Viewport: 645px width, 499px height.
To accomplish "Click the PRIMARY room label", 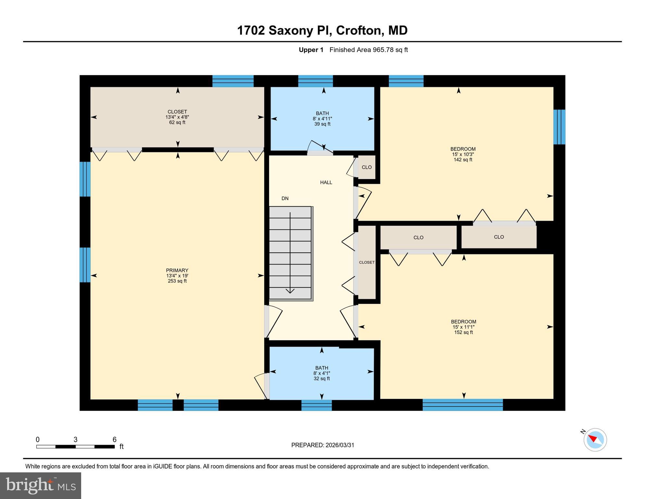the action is click(177, 270).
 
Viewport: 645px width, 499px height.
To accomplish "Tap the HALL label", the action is click(326, 183).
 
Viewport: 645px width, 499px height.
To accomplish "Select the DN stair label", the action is click(285, 198).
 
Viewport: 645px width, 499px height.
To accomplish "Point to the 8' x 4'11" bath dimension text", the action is click(322, 119).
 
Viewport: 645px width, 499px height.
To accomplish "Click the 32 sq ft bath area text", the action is click(322, 379).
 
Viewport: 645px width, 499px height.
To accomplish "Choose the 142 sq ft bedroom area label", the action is click(463, 160).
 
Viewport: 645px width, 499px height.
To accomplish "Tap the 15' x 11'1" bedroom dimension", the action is click(464, 327).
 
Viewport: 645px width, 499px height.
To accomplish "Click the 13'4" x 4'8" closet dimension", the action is click(177, 117).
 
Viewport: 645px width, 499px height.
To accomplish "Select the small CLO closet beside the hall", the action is click(367, 167).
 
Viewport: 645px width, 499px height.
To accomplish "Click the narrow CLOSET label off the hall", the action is click(367, 262).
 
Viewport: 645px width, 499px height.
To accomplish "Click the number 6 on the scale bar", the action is click(114, 440).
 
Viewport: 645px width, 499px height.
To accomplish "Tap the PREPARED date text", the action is click(323, 445).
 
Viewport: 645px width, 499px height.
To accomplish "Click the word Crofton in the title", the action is click(358, 31).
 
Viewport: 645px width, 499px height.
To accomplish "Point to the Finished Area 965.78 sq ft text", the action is click(368, 50).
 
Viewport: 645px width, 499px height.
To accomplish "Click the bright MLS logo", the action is click(41, 486).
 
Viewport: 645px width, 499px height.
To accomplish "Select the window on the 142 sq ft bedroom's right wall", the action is click(559, 127).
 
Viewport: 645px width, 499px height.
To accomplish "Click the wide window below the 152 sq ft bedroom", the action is click(463, 405).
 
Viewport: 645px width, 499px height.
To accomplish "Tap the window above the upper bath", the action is click(316, 81).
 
